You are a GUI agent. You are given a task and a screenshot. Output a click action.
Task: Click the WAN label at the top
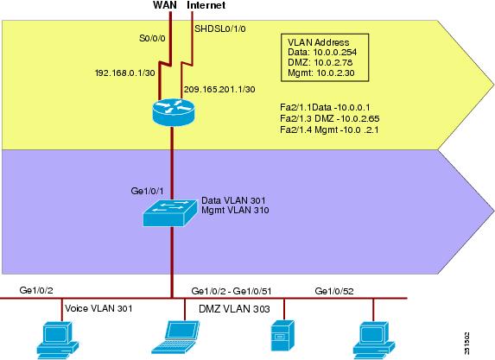[x=165, y=5]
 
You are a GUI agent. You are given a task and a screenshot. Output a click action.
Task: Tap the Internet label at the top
[x=206, y=5]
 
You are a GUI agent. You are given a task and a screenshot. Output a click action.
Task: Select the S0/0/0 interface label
[x=152, y=39]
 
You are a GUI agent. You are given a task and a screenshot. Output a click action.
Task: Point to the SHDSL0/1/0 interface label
[x=220, y=28]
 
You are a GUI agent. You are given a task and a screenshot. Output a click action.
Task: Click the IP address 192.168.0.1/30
[x=125, y=73]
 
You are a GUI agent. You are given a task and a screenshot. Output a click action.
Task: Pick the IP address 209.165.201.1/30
[x=219, y=89]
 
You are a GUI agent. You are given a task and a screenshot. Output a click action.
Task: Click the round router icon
[x=173, y=112]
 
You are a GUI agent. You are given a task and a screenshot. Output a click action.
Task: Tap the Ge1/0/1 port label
[x=147, y=191]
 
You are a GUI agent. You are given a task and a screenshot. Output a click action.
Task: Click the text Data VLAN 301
[x=233, y=200]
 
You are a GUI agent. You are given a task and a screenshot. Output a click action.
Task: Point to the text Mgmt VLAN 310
[x=235, y=210]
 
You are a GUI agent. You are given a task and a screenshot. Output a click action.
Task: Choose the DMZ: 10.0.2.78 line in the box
[x=320, y=62]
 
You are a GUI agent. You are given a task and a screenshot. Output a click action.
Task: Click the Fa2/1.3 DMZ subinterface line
[x=330, y=118]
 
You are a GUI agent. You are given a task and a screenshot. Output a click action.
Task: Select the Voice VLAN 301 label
[x=98, y=308]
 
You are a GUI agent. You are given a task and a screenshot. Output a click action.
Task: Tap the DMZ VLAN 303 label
[x=234, y=309]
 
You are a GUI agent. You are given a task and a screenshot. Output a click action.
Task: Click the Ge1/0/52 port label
[x=334, y=291]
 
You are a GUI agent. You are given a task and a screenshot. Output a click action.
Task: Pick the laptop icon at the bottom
[x=175, y=337]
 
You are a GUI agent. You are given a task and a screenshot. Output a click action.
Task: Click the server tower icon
[x=282, y=335]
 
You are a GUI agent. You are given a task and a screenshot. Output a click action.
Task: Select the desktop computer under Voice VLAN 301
[x=58, y=340]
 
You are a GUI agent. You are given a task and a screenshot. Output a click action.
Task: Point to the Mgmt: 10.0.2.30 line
[x=321, y=73]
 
